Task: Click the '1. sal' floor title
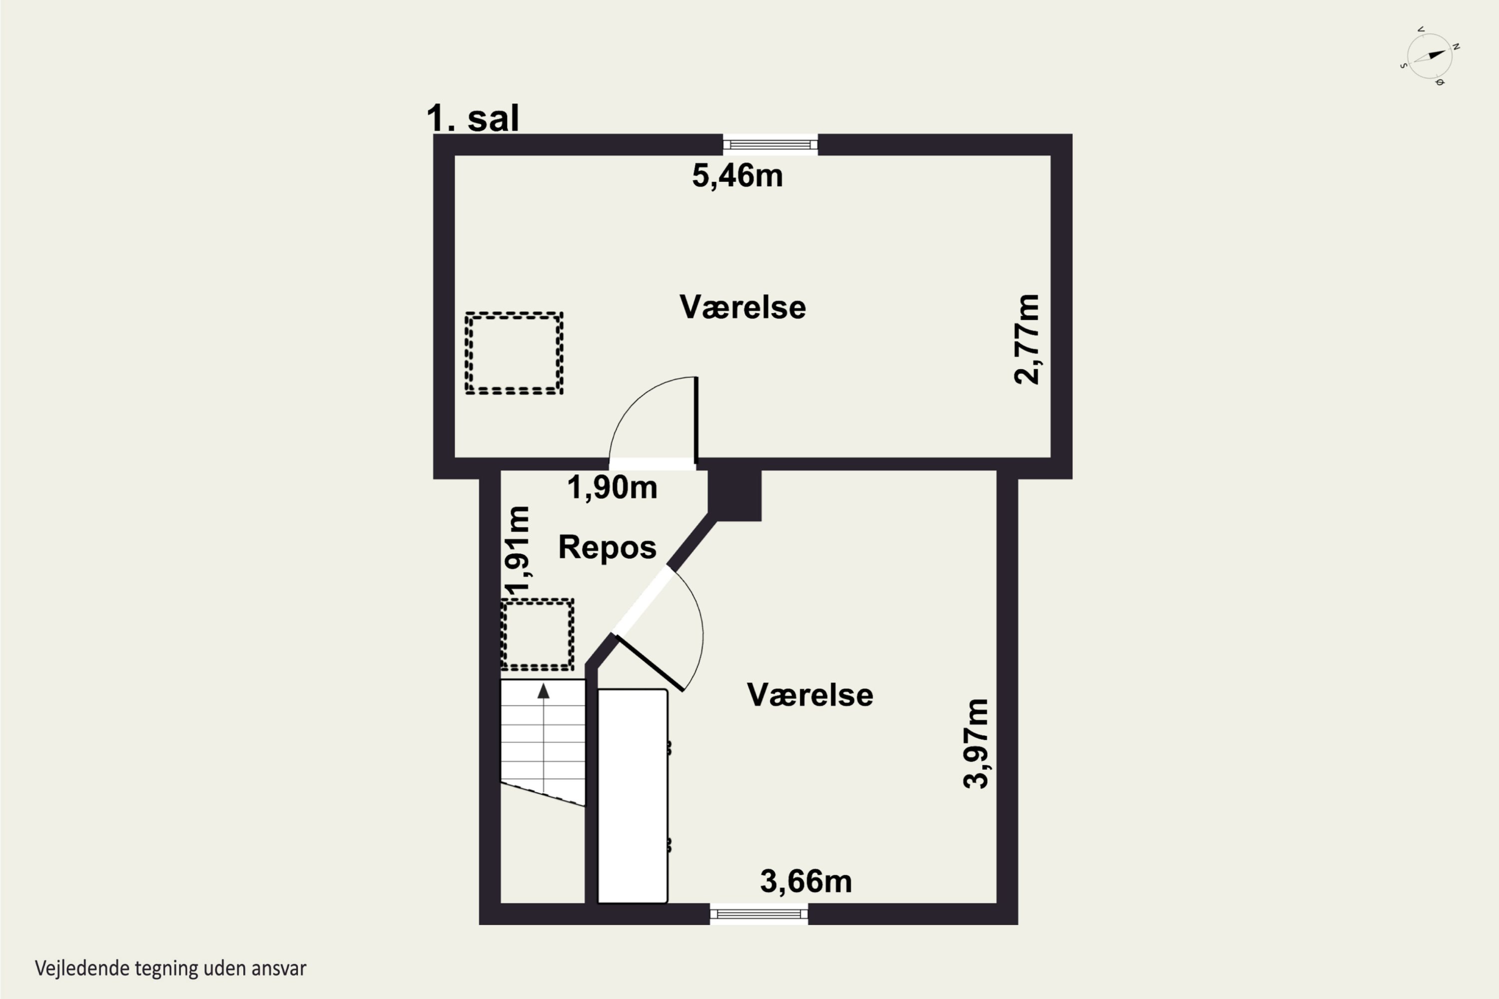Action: [x=473, y=118]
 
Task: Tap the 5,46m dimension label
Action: [x=738, y=175]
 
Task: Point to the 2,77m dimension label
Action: [x=1027, y=339]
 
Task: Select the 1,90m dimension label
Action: [x=612, y=488]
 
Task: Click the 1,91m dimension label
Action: [x=516, y=550]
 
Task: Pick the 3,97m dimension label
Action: [x=976, y=744]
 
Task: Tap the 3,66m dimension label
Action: [x=805, y=882]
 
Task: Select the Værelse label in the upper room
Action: [x=743, y=307]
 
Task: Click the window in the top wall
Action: [x=770, y=145]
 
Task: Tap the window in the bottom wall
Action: [x=759, y=914]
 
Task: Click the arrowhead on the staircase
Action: [x=544, y=691]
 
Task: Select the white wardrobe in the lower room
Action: [x=632, y=796]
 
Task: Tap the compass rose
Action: [x=1430, y=56]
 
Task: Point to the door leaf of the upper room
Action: [x=696, y=420]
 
